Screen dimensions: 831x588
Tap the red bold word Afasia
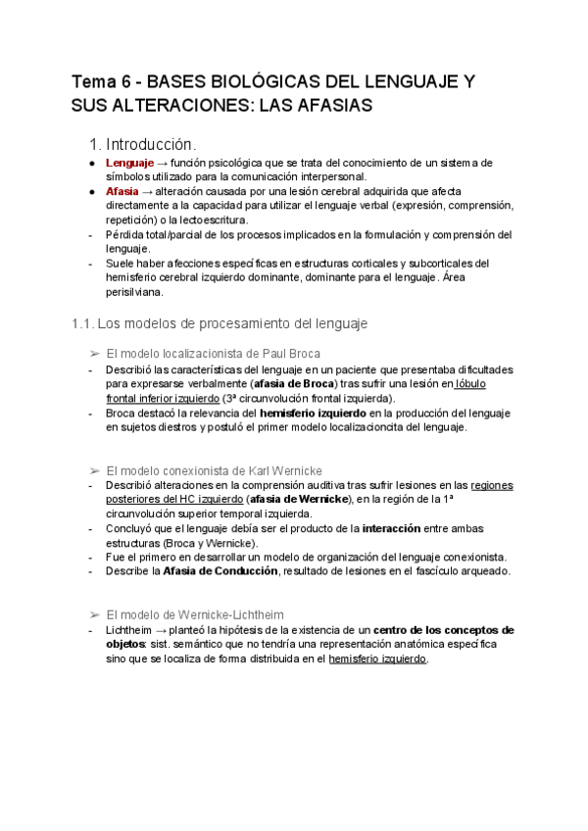(x=122, y=192)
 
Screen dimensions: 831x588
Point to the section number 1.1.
(x=82, y=322)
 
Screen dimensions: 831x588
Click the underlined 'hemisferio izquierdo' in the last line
(x=377, y=660)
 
